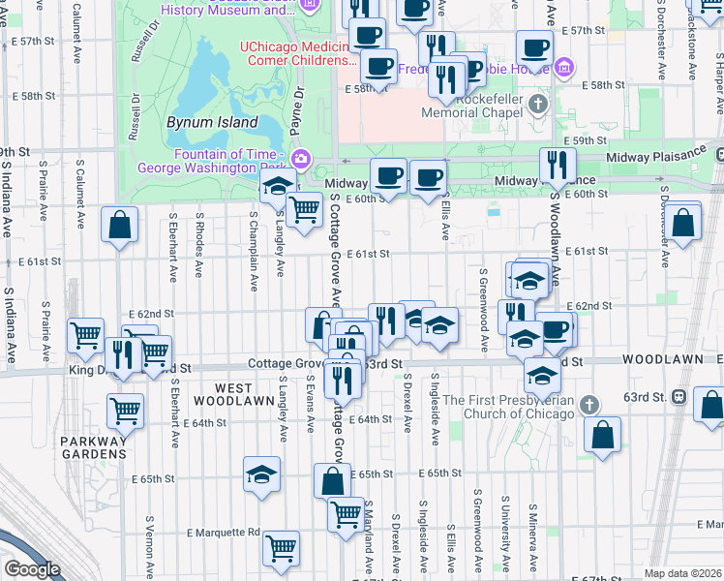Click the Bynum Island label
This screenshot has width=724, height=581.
pos(211,123)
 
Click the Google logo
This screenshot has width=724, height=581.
pos(33,569)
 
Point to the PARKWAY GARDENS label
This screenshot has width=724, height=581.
pos(94,445)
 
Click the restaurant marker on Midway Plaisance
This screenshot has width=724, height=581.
pos(556,165)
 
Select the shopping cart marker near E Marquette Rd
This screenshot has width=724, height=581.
pos(281,548)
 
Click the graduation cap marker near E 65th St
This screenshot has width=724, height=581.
pos(261,474)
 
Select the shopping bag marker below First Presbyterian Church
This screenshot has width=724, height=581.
pos(602,434)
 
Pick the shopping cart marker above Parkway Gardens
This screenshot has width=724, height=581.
pos(125,410)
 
